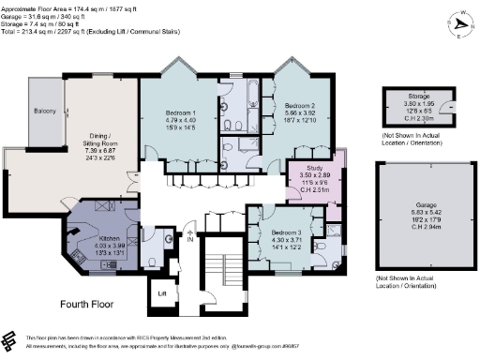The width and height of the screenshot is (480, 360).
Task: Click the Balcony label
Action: click(x=46, y=112)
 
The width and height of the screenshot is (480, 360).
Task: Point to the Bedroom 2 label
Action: click(x=303, y=106)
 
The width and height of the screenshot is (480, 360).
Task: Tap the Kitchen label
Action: click(x=109, y=239)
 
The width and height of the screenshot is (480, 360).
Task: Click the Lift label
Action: click(x=159, y=293)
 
